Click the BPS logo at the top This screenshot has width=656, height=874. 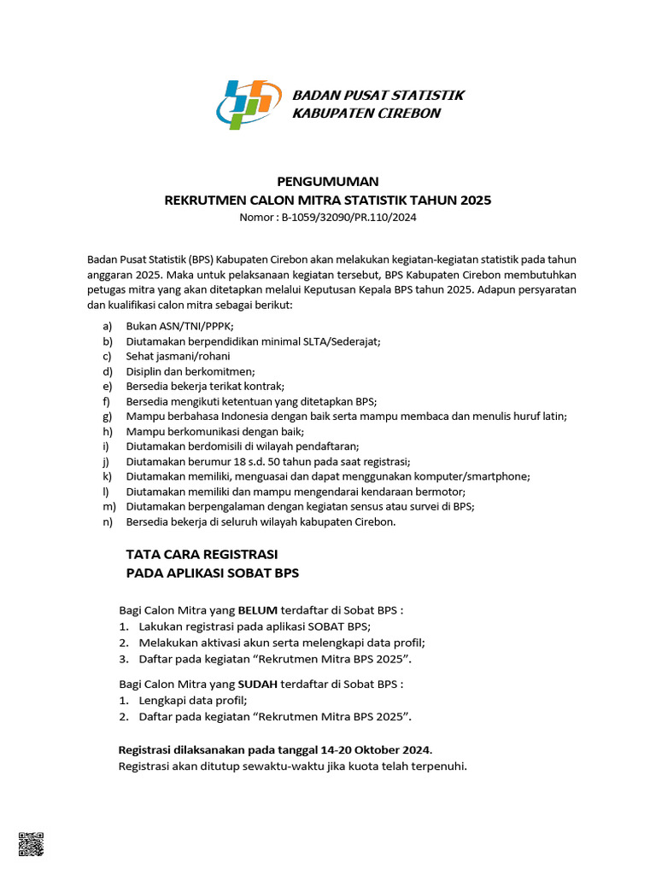[248, 103]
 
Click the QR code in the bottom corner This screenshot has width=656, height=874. [31, 843]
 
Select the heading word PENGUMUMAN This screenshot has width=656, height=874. [327, 181]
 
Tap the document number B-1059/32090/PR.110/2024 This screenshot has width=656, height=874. [348, 218]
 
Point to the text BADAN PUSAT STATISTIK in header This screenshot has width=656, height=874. [378, 95]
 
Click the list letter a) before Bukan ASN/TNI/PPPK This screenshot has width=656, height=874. [108, 326]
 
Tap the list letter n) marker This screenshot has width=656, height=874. [108, 521]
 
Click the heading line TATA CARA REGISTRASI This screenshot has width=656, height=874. [202, 554]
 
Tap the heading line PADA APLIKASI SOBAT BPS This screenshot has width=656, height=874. [213, 573]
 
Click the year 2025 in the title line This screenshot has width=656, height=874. [476, 201]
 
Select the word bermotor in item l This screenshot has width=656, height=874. [441, 492]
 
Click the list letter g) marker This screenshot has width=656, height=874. [108, 416]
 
